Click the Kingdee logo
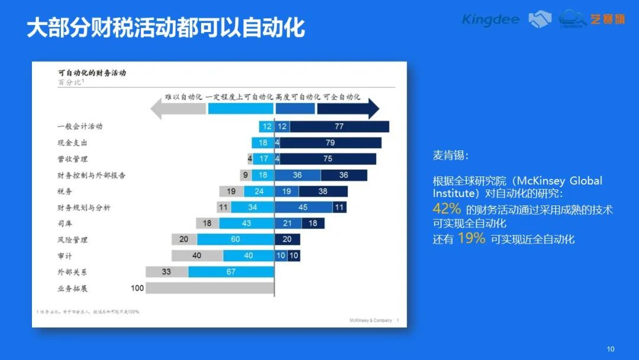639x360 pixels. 490,20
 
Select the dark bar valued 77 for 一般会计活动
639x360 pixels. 339,126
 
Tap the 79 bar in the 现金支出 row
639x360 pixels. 330,143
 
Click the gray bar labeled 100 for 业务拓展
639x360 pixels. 209,288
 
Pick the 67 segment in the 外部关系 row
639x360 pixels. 231,272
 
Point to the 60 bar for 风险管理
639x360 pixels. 235,239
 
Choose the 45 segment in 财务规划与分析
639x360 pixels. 303,207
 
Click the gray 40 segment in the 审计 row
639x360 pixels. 197,256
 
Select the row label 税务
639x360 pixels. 65,191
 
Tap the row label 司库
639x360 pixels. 65,224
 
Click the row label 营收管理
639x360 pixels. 73,159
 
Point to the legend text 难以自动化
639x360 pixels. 183,97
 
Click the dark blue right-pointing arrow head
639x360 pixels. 373,108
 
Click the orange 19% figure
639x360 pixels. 472,239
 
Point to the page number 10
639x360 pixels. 611,348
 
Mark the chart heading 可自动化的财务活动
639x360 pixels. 92,73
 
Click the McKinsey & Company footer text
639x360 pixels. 371,320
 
